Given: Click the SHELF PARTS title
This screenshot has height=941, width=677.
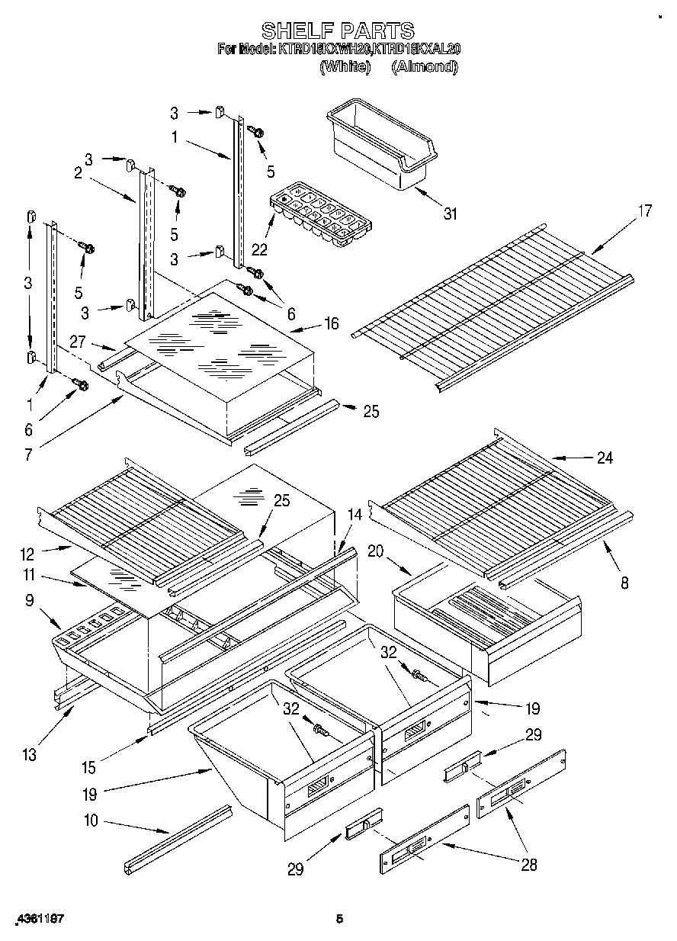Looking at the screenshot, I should pos(338,31).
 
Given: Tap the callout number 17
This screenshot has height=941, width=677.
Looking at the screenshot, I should pos(645,211).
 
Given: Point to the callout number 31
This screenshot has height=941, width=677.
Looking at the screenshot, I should pos(451,214).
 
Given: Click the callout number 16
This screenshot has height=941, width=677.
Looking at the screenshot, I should pos(331,323).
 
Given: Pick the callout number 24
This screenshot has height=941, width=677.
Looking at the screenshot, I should pos(605,458).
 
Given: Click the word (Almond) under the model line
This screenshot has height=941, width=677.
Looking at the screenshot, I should pos(424,66).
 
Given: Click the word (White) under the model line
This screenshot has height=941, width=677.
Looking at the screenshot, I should pos(345,66).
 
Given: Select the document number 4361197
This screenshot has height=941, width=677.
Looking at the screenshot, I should pos(37,920).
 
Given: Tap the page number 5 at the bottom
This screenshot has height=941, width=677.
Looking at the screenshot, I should pos(340,920).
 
